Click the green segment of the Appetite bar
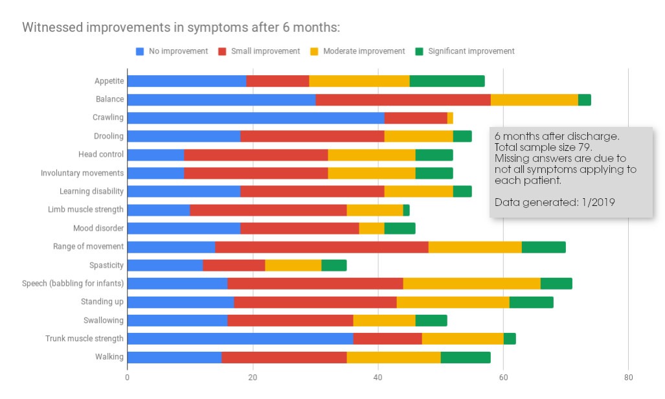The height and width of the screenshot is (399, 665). click(x=447, y=81)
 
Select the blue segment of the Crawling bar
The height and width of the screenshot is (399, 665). click(x=255, y=118)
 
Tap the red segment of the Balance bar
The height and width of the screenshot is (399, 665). click(x=403, y=99)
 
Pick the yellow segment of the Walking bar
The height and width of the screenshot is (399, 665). click(x=393, y=357)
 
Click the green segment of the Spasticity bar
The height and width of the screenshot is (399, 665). click(x=333, y=265)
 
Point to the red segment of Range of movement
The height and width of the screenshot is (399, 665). click(x=321, y=247)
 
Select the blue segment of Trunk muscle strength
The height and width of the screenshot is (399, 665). click(x=240, y=339)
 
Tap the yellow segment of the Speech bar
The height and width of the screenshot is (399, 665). click(x=471, y=283)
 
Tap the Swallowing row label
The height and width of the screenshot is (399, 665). click(x=103, y=321)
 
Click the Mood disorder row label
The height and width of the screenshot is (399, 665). click(x=98, y=228)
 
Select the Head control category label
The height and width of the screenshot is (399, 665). click(x=100, y=154)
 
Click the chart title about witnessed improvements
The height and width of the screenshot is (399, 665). click(x=181, y=27)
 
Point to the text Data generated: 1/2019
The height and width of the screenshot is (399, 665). click(x=554, y=202)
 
